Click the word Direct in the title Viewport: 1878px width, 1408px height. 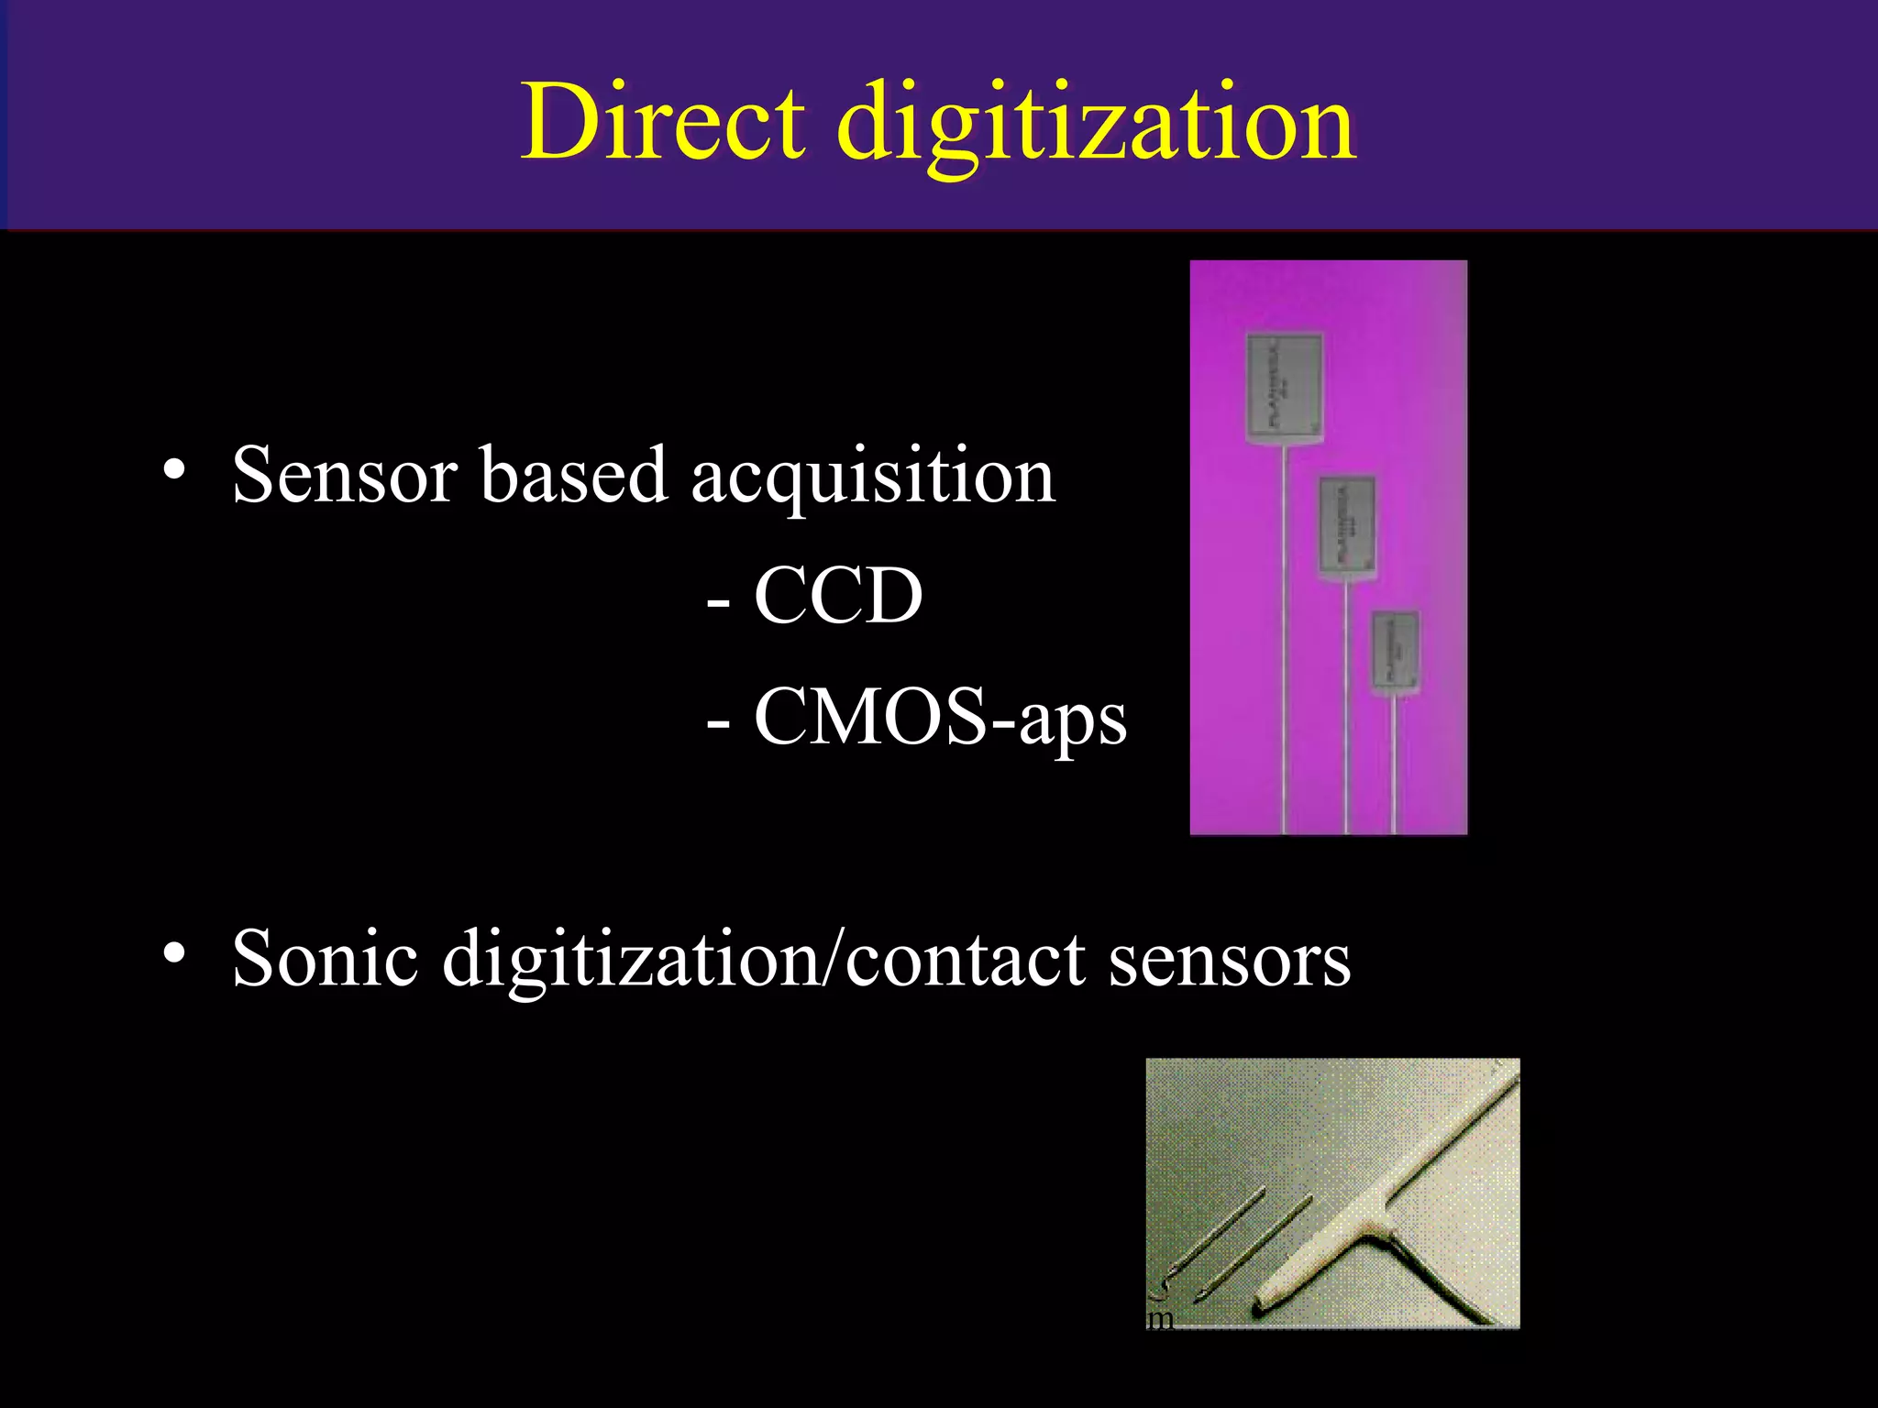coord(663,122)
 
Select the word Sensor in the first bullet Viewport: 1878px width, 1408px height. coord(345,475)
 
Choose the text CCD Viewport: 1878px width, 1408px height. coord(837,596)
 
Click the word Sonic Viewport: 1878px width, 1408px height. coord(325,959)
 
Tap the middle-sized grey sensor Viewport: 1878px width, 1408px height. coord(1347,526)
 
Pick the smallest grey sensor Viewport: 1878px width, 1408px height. coord(1395,652)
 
